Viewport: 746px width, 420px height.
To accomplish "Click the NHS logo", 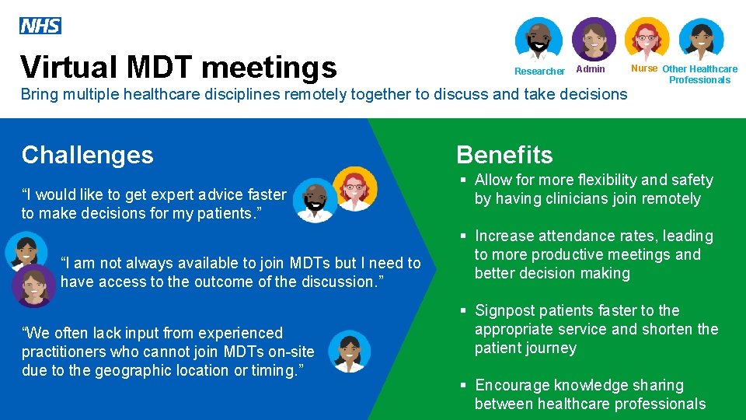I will coord(40,26).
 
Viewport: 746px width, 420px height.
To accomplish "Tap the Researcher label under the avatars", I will coord(539,72).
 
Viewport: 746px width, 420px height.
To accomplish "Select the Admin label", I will coord(591,69).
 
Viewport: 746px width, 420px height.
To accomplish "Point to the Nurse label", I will coord(644,68).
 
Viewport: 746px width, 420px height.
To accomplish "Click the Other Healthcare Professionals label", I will coord(699,74).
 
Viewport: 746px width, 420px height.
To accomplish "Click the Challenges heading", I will coord(88,155).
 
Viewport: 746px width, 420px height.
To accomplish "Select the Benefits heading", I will coord(504,155).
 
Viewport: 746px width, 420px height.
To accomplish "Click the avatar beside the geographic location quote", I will coord(349,352).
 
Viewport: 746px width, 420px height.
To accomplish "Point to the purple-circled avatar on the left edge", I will coord(33,285).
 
